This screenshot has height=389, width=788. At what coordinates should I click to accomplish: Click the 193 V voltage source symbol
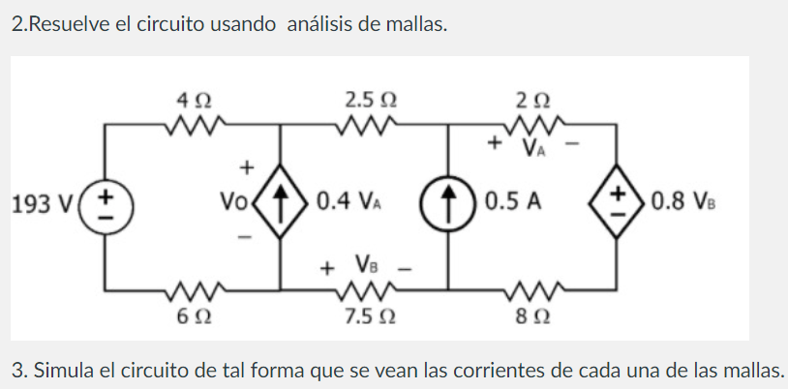[106, 206]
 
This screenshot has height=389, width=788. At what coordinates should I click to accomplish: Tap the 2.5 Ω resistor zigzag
[368, 124]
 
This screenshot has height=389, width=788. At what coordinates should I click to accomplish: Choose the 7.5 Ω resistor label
[369, 316]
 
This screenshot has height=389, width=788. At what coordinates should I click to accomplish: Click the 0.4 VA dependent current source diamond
[282, 205]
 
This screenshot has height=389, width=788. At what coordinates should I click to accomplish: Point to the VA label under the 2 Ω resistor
[531, 148]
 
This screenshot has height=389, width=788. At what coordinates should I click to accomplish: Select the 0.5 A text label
[514, 205]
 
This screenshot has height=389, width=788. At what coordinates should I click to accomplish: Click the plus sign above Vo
[247, 166]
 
